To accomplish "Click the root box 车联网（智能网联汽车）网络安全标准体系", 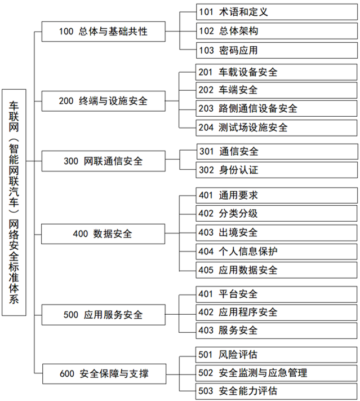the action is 14,202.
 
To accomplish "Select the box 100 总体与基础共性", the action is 104,32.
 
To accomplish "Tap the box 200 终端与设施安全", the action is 104,101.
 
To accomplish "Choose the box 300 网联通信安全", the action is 104,161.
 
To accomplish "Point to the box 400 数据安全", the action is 103,233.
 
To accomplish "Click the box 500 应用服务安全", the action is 104,315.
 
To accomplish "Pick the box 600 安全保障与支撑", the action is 104,373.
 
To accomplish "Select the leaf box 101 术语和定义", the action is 277,12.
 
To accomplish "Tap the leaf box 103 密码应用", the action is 277,50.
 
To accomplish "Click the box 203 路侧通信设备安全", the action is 277,108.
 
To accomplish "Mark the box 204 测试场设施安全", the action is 277,127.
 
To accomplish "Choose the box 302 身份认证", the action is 277,170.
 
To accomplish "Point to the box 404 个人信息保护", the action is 277,252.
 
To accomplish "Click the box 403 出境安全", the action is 277,233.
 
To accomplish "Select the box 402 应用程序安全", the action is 277,312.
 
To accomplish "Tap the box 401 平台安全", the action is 277,294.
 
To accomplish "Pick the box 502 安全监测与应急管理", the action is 276,373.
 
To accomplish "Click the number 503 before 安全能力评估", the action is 206,391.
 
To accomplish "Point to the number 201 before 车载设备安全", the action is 206,72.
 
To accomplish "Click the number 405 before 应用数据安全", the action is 206,270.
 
